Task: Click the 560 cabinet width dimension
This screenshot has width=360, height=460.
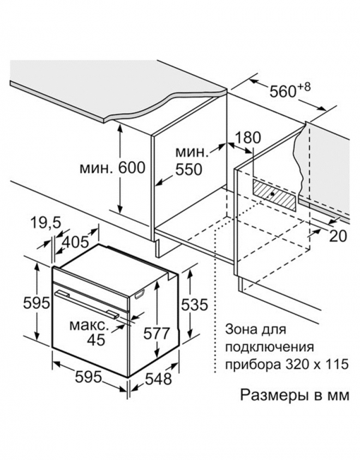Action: pos(282,91)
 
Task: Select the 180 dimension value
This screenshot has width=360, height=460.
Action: pos(248,137)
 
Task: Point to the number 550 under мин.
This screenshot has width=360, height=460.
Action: pos(188,170)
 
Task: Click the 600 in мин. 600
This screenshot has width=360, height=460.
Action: pos(132,167)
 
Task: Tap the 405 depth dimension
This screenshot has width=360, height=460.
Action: pos(76,242)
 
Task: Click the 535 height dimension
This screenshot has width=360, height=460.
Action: pos(194,305)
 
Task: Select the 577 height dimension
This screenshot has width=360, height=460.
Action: pos(156,333)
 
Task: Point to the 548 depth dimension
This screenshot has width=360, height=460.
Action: pos(158,379)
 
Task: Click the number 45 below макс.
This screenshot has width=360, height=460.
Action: pos(97,340)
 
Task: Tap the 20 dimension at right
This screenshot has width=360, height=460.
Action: pos(338,236)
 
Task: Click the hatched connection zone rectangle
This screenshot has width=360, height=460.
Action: pos(274,195)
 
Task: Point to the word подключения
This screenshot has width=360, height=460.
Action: pos(270,347)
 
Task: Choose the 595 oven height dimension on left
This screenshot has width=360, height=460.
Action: pos(37,303)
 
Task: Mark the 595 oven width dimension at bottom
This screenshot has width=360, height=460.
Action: pos(88,377)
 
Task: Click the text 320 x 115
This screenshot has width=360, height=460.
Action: pos(317,365)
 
